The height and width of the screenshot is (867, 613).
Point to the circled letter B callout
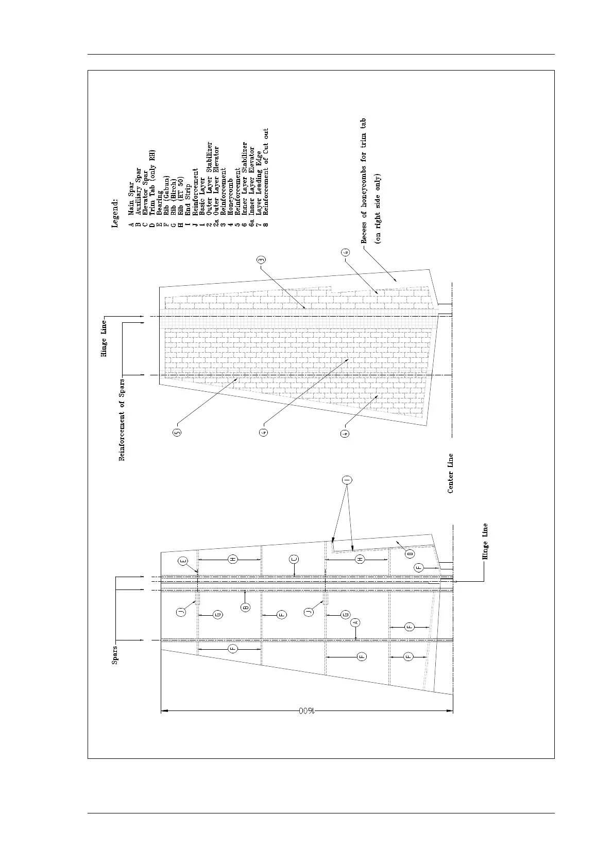pyautogui.click(x=246, y=608)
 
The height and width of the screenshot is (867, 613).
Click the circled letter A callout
pyautogui.click(x=355, y=622)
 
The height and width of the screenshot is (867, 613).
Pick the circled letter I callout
pyautogui.click(x=347, y=480)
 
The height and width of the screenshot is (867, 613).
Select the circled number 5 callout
pyautogui.click(x=177, y=433)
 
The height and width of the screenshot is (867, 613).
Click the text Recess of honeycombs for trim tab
pyautogui.click(x=363, y=180)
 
